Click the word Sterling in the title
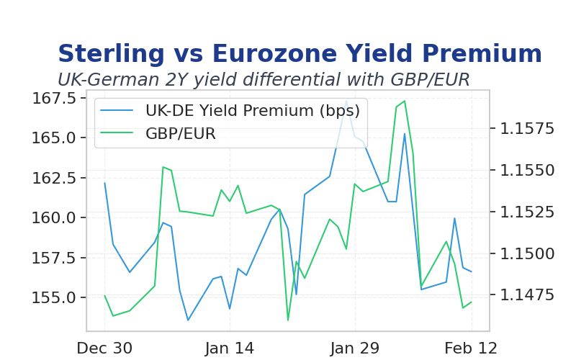tap(111, 54)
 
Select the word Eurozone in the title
tap(274, 53)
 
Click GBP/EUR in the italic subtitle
tap(430, 79)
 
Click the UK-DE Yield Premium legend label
tap(253, 111)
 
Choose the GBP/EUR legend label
tap(181, 134)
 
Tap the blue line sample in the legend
tap(117, 110)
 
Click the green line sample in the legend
tap(117, 133)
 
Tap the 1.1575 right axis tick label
tap(527, 129)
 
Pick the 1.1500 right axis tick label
tap(527, 253)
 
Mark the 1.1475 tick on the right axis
tap(527, 294)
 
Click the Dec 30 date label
tap(104, 348)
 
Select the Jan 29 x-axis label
tap(355, 348)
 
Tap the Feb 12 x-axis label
tap(471, 348)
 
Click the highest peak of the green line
tap(405, 101)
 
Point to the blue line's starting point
tap(104, 183)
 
